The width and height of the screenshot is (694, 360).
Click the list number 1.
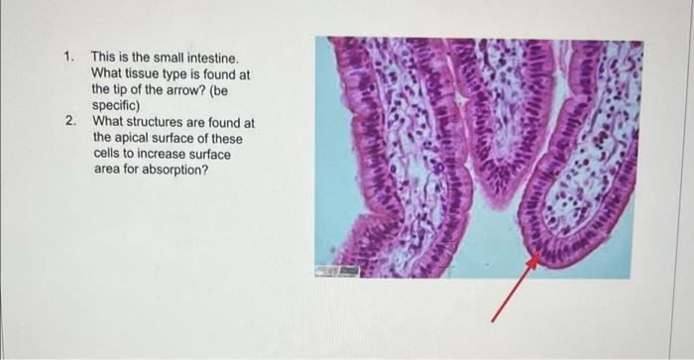click(x=67, y=59)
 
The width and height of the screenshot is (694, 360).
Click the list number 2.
click(x=69, y=122)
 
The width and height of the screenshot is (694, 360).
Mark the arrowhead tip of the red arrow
click(x=536, y=257)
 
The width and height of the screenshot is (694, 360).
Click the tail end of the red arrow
click(x=494, y=319)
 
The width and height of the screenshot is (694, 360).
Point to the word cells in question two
click(x=107, y=154)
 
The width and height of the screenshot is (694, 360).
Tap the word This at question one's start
click(x=104, y=59)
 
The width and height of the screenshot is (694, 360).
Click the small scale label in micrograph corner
click(x=334, y=270)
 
